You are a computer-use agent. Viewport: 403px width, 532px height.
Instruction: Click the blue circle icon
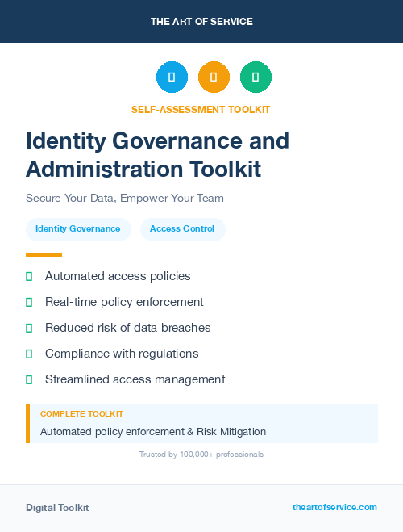(x=172, y=77)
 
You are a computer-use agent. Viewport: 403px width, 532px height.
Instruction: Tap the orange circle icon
(x=214, y=77)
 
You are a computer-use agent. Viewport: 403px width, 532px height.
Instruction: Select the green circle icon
(x=256, y=77)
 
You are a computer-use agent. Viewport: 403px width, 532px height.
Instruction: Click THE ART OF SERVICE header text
(x=201, y=22)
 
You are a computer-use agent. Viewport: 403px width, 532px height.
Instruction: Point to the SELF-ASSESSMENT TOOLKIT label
(x=201, y=109)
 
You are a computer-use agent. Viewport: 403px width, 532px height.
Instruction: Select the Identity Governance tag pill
(x=77, y=229)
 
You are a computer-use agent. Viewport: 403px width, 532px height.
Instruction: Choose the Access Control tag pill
(x=182, y=229)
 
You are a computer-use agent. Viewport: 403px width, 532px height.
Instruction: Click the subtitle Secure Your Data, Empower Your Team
(x=124, y=198)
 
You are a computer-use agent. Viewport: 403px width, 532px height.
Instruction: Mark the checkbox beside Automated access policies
(x=29, y=276)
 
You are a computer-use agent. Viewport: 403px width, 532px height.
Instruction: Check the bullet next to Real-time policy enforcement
(x=29, y=302)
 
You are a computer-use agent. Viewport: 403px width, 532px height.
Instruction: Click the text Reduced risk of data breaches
(x=127, y=328)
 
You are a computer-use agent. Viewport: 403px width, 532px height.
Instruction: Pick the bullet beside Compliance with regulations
(x=29, y=354)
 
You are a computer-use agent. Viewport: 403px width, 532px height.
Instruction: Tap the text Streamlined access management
(x=135, y=379)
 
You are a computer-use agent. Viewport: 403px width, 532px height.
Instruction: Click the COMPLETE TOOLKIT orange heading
(x=81, y=413)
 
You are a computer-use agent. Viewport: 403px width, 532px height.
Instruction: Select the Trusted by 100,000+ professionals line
(x=201, y=455)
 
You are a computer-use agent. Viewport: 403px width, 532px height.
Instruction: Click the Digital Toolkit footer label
(x=57, y=508)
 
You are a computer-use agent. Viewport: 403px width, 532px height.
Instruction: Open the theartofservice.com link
(x=334, y=507)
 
